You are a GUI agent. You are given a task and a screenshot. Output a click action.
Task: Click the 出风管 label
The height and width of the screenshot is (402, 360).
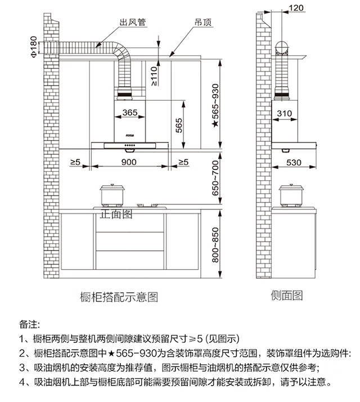click(x=133, y=22)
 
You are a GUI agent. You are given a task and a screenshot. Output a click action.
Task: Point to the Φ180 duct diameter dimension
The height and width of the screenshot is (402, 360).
click(x=33, y=46)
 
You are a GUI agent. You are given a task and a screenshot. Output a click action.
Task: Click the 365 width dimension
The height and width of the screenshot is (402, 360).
click(x=129, y=113)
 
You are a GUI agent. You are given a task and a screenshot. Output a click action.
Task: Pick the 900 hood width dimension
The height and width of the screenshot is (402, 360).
click(x=129, y=162)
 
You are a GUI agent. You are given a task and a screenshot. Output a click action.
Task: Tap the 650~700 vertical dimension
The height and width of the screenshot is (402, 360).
click(x=214, y=178)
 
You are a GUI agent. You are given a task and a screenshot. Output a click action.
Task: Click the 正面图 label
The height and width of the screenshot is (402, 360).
click(x=116, y=215)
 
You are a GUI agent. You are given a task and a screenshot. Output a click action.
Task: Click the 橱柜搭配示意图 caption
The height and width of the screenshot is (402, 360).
click(x=118, y=296)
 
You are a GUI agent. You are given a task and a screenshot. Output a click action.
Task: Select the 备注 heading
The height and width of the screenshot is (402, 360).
click(x=29, y=325)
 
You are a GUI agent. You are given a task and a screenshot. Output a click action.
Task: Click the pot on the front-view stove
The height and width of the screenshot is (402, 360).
click(x=112, y=195)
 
